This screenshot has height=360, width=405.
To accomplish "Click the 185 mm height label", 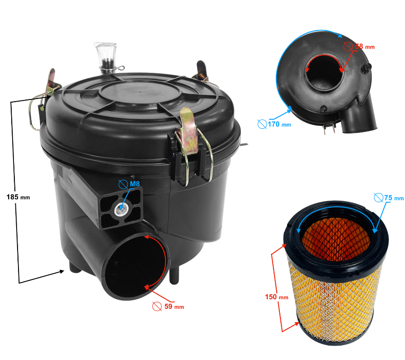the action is click(x=18, y=197).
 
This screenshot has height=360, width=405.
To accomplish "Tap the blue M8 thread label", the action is click(x=135, y=184).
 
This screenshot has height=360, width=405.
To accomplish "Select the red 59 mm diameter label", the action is click(x=174, y=306).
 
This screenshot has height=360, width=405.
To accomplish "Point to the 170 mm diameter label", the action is click(x=279, y=124).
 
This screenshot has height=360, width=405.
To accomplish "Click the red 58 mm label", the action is click(x=364, y=46).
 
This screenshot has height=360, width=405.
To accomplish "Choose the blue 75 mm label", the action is click(x=394, y=198).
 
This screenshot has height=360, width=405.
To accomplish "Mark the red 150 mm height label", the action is click(x=277, y=297).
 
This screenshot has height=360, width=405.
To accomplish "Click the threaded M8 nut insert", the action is click(x=120, y=207).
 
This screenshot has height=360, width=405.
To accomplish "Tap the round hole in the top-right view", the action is click(x=324, y=73).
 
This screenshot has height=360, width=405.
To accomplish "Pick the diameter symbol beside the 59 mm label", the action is click(x=157, y=306).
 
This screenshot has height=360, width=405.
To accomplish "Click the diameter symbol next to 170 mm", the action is click(x=262, y=124).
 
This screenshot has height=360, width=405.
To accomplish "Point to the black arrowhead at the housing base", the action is click(x=62, y=271).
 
